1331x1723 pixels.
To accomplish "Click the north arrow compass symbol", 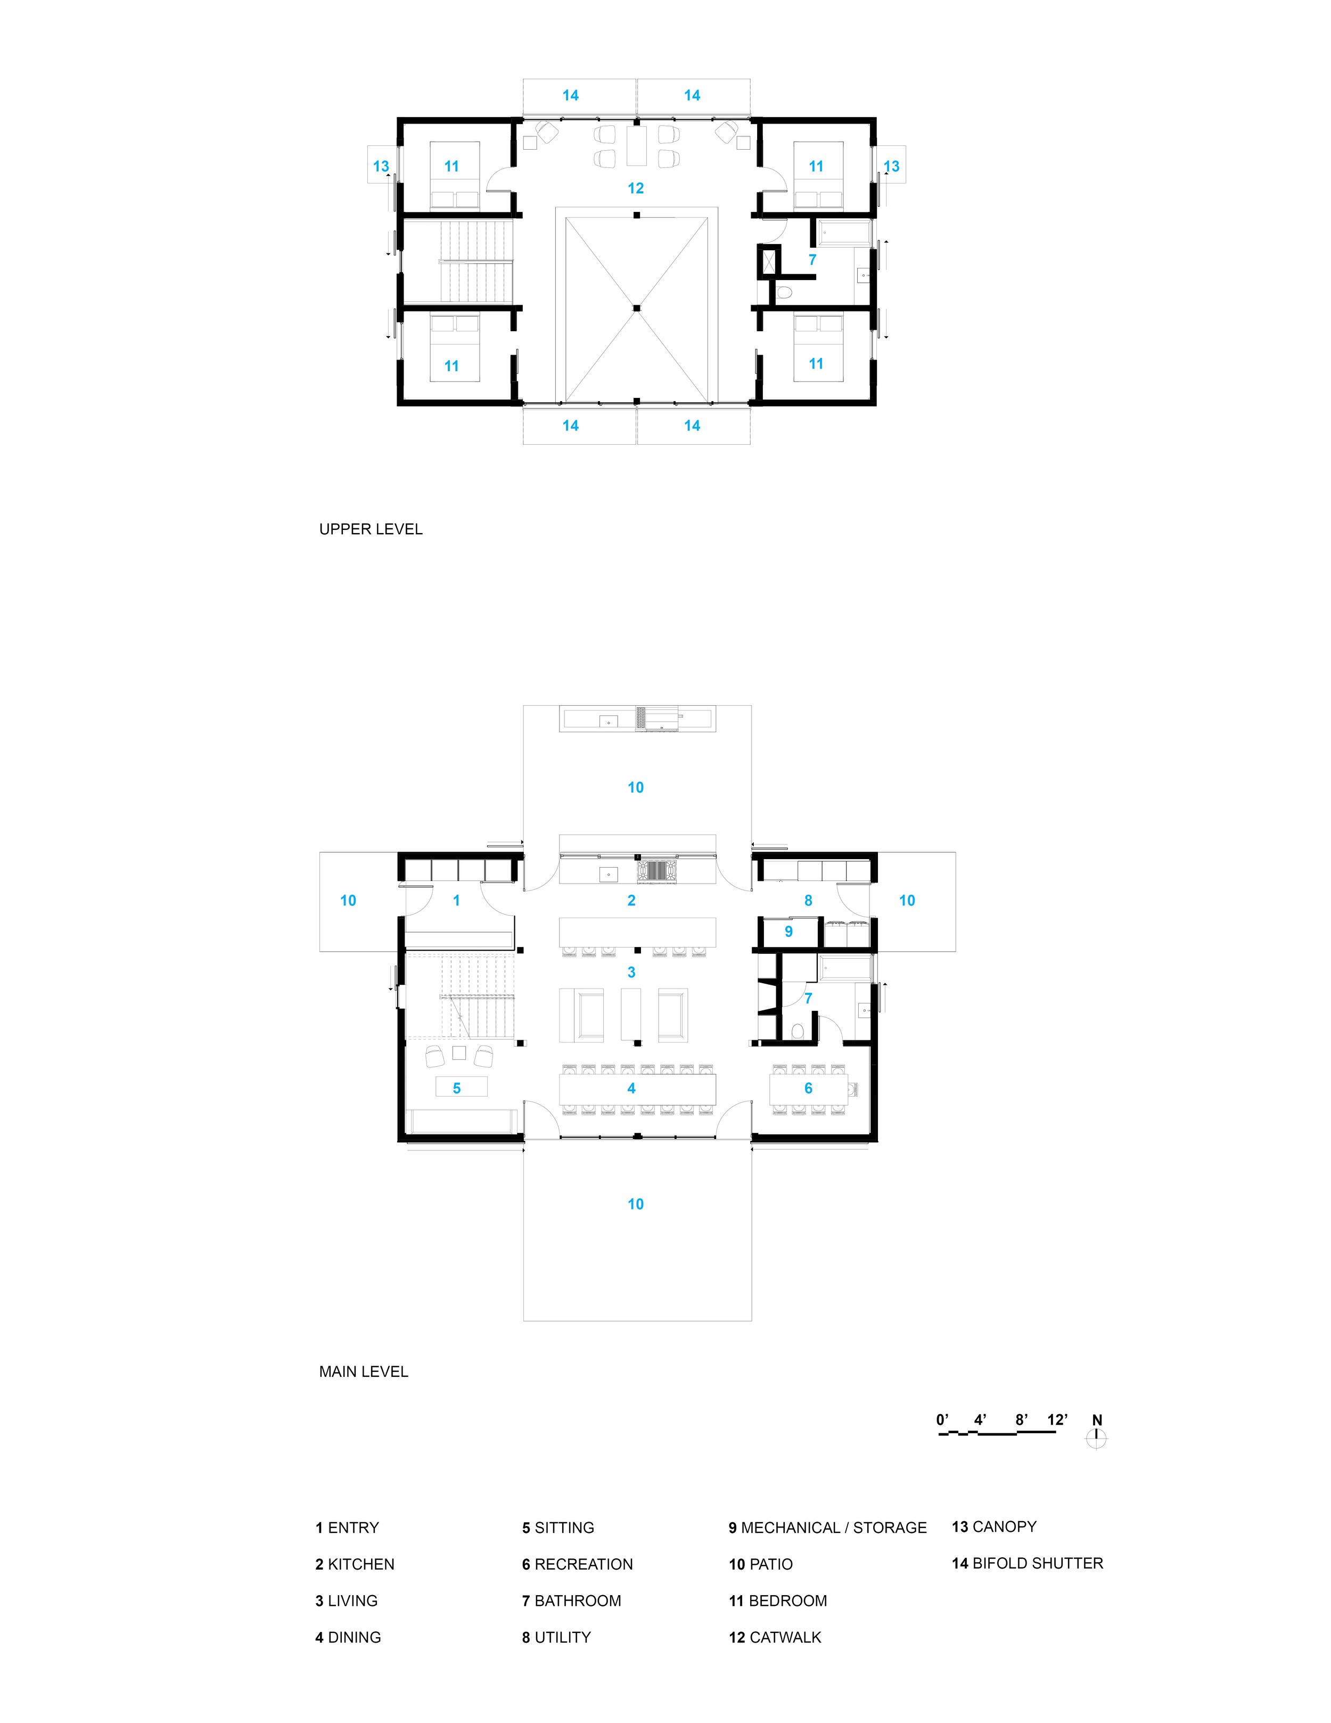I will [1096, 1438].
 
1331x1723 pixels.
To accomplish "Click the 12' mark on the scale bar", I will [1057, 1420].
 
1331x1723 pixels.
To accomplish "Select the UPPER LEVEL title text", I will [371, 529].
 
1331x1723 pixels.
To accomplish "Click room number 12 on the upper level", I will [636, 189].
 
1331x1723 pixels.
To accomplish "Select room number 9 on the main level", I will [788, 932].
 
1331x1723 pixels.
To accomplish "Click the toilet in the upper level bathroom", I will [784, 293].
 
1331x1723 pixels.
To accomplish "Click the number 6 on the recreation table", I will [808, 1089].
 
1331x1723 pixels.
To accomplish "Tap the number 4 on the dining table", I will [631, 1089].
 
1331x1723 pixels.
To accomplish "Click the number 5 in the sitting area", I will [457, 1089].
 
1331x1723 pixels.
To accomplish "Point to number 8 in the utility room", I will [808, 900].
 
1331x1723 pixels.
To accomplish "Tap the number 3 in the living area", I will [631, 973].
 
